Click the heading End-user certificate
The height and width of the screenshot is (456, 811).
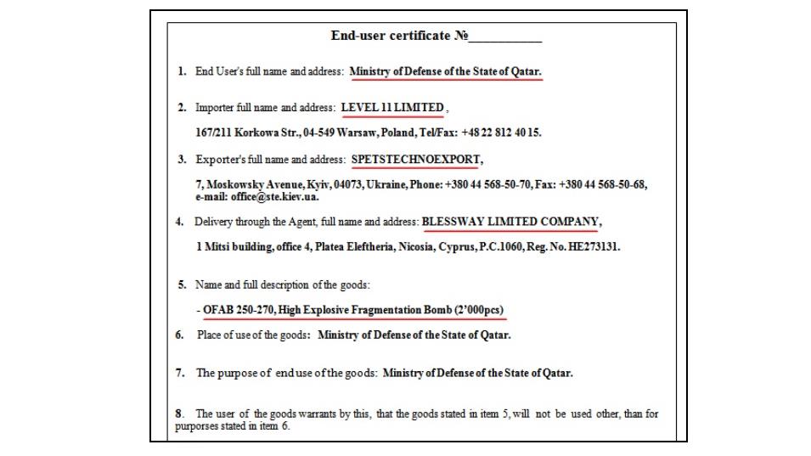click(391, 36)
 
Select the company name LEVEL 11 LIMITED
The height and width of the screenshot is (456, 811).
click(392, 108)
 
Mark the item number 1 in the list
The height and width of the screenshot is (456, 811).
click(182, 71)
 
